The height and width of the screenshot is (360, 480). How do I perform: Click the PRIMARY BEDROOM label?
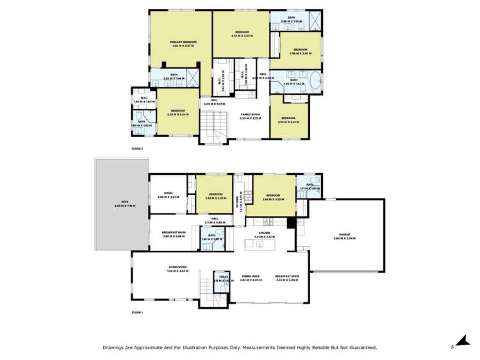(x=182, y=43)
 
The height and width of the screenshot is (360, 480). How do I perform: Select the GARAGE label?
(x=344, y=235)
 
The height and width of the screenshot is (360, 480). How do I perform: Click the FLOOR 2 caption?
(x=137, y=149)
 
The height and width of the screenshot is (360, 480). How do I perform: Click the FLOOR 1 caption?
(x=137, y=312)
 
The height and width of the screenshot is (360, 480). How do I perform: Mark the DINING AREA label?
(x=251, y=277)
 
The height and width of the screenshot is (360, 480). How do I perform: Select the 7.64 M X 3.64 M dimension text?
(x=178, y=271)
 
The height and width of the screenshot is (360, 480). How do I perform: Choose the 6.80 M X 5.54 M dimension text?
(x=344, y=238)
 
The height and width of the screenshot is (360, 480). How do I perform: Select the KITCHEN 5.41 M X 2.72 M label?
(x=265, y=234)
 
